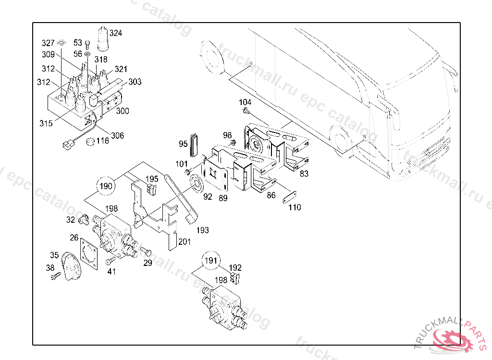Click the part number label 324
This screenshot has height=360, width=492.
[x=116, y=33]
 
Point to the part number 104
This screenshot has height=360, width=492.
[x=245, y=102]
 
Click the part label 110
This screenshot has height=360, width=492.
[x=295, y=207]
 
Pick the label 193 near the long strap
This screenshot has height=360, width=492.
[x=203, y=230]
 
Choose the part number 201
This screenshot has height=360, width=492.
[x=184, y=241]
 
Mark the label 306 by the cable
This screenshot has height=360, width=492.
[x=117, y=135]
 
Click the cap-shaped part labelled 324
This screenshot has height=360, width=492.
[x=103, y=38]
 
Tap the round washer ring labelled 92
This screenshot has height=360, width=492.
[x=196, y=183]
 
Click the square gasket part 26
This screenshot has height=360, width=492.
[x=90, y=252]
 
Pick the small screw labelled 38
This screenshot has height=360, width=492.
[x=55, y=276]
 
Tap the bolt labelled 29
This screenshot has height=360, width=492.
[x=146, y=251]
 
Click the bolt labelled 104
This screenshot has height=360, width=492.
[x=247, y=112]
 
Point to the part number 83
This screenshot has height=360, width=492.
[x=304, y=174]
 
